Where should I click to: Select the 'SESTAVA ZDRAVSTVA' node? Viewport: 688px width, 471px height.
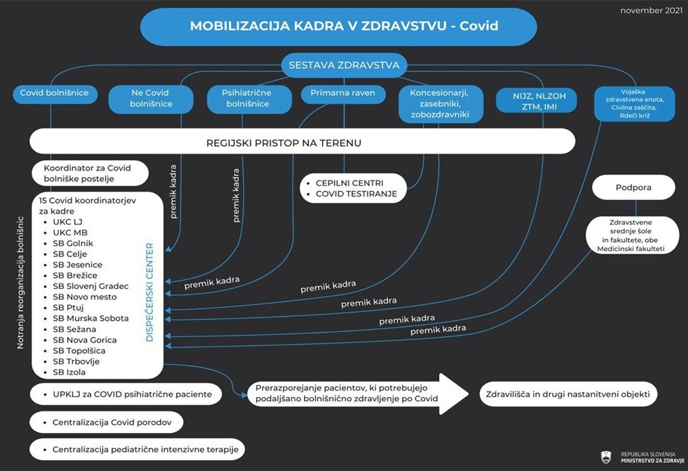tap(344, 65)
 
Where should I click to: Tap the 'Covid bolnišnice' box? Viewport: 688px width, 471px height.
tap(55, 93)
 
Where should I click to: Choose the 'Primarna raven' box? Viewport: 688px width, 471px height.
tap(343, 93)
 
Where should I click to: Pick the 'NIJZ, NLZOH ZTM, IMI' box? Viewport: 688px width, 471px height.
tap(535, 101)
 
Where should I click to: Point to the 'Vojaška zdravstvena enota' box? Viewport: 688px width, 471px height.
tap(634, 104)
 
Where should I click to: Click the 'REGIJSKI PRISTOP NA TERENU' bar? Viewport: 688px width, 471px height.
tap(302, 142)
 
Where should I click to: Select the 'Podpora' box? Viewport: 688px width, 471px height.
tap(633, 187)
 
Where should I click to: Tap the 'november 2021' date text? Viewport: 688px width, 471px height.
tap(650, 11)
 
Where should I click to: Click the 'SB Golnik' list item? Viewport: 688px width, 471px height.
tap(73, 243)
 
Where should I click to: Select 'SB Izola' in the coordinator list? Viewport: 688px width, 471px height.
tap(69, 372)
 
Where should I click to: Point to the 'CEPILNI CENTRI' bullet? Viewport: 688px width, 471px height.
tap(349, 183)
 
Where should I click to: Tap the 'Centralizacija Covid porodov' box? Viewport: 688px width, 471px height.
tap(107, 423)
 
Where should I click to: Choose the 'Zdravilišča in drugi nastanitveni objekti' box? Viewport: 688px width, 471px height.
tap(568, 394)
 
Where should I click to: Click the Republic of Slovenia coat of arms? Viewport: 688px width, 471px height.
tap(606, 457)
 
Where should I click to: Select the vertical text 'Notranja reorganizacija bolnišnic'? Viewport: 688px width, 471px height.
tap(21, 282)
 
